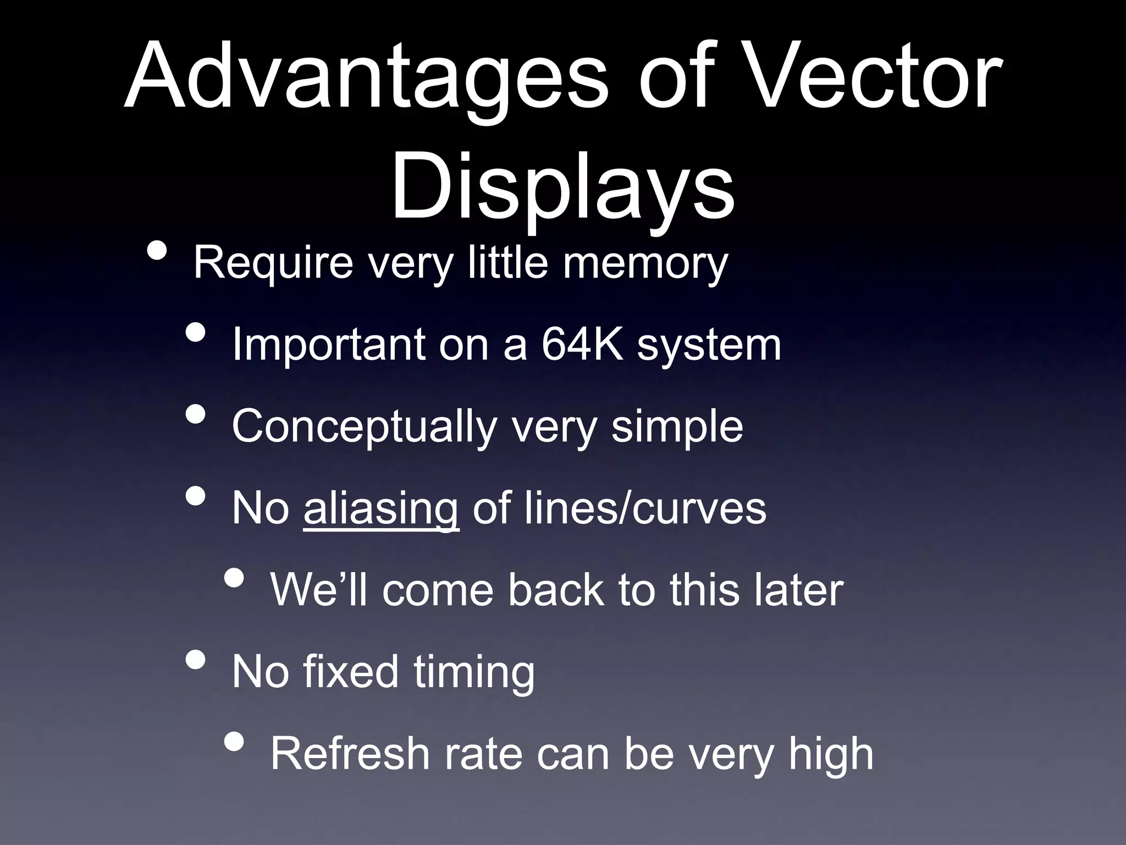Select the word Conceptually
363,427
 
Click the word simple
677,426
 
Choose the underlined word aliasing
380,509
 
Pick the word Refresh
350,754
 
